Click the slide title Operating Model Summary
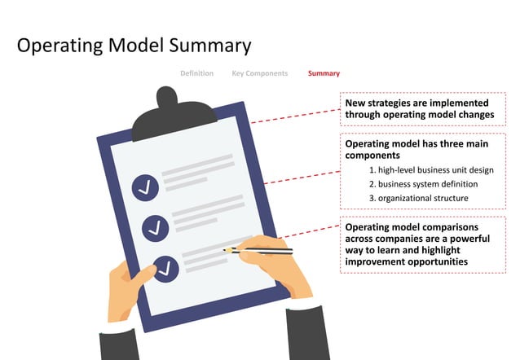click(x=134, y=45)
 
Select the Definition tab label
click(x=196, y=73)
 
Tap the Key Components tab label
click(x=259, y=73)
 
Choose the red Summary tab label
click(x=324, y=73)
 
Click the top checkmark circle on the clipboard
click(x=146, y=187)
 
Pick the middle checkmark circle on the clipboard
click(x=155, y=227)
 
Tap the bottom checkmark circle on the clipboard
click(x=165, y=268)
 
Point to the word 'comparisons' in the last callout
click(x=447, y=227)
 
